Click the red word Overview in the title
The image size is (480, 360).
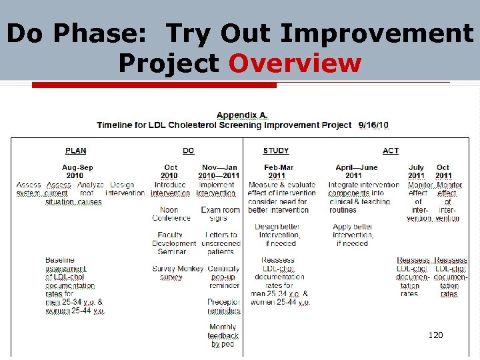295,63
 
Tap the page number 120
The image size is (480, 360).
435,335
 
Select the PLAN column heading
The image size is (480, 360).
75,151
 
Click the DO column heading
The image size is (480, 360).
188,151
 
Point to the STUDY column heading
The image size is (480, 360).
276,151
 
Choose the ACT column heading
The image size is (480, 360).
391,151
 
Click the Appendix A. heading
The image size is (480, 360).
243,115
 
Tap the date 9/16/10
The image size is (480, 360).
373,125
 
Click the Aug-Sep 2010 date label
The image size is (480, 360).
78,171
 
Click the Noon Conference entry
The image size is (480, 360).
171,213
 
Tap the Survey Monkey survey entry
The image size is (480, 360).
171,273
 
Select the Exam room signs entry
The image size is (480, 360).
220,213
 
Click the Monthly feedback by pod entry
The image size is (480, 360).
223,335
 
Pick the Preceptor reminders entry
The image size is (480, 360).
223,306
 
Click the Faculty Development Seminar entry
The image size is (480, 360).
171,243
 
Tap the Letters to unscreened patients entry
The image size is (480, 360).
220,243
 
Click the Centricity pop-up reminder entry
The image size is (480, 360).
223,277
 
